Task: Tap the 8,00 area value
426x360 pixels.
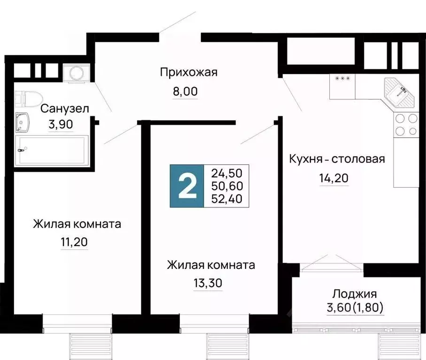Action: (185, 91)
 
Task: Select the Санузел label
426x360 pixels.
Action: (64, 109)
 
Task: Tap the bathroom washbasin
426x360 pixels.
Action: (22, 122)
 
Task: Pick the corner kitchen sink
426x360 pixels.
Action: (400, 92)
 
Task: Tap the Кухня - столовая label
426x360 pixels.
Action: (337, 159)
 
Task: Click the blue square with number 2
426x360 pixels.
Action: (187, 186)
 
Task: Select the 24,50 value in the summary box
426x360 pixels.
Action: (227, 173)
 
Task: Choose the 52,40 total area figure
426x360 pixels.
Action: (227, 199)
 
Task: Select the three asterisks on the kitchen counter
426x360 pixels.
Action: (342, 78)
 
